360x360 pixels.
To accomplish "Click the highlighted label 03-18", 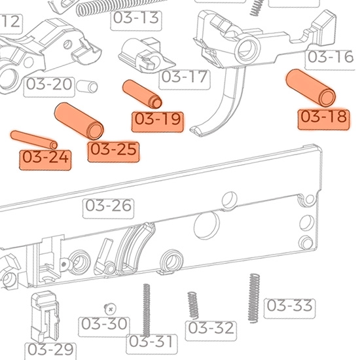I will pyautogui.click(x=323, y=118).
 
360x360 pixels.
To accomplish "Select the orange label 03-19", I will pyautogui.click(x=157, y=120).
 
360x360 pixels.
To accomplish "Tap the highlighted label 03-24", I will pyautogui.click(x=46, y=158).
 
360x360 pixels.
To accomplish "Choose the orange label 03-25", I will pyautogui.click(x=114, y=150).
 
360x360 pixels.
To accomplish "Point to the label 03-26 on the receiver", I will pyautogui.click(x=108, y=206).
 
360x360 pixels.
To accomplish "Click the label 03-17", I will pyautogui.click(x=185, y=77).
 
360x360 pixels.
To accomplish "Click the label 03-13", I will pyautogui.click(x=135, y=18).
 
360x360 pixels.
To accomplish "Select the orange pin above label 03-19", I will pyautogui.click(x=143, y=94).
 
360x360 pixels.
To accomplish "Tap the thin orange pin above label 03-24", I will pyautogui.click(x=35, y=139).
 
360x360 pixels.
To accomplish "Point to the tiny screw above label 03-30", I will pyautogui.click(x=110, y=308).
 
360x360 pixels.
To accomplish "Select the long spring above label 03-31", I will pyautogui.click(x=147, y=308).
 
